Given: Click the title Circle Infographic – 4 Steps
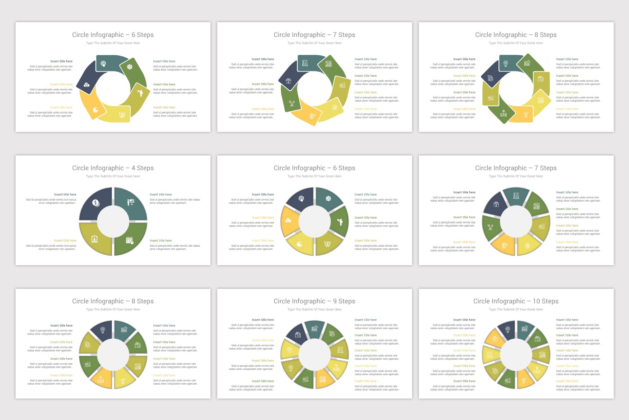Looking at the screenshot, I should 113,168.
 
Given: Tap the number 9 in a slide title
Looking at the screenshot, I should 335,301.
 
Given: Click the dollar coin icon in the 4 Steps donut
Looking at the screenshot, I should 96,203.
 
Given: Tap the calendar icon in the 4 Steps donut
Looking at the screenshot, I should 130,240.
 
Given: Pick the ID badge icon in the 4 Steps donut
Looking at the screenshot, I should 94,239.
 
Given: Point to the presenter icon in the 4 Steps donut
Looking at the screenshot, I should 131,202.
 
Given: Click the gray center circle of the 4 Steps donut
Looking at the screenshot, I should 113,222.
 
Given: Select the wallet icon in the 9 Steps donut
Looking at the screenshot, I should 298,335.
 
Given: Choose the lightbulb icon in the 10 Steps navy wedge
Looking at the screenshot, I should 507,329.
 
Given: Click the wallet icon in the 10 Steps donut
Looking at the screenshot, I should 537,339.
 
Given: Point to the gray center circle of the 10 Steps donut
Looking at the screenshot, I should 516,355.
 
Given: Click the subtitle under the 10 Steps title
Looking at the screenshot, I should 516,310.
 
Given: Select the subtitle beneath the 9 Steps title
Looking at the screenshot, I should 314,310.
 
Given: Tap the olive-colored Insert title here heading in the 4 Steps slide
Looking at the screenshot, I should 65,241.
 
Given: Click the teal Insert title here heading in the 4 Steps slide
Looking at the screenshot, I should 161,195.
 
